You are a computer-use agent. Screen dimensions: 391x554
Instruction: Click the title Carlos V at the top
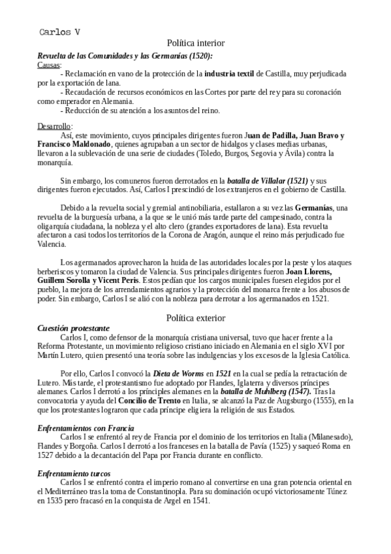pos(59,31)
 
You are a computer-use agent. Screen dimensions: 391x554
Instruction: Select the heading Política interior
pos(195,42)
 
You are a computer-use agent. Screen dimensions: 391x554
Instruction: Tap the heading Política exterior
pos(195,318)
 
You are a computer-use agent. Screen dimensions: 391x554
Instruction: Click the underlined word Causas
pos(49,65)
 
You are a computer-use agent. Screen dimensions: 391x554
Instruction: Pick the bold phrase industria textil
pos(228,74)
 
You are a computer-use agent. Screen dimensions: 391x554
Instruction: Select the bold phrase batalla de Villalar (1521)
pos(267,180)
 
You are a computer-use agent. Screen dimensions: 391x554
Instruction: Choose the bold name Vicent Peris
pos(117,280)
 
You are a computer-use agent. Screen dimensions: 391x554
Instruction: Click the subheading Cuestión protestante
pos(74,328)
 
